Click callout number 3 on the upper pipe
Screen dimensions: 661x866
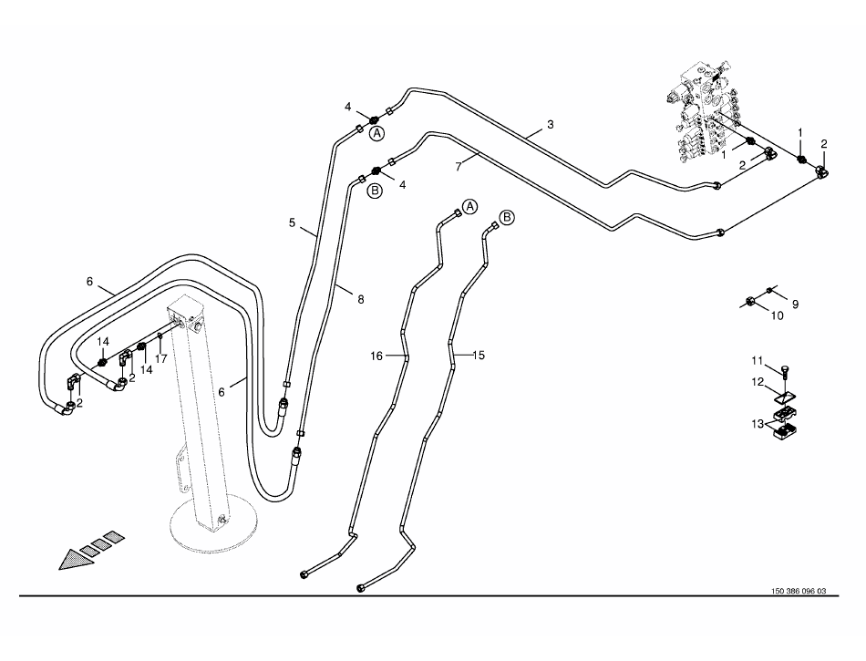point(550,124)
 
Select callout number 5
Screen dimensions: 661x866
point(292,222)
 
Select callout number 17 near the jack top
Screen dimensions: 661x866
point(161,358)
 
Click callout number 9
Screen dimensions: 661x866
point(795,304)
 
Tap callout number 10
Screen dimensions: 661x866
point(778,316)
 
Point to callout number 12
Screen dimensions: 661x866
point(757,382)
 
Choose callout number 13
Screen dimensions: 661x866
point(757,424)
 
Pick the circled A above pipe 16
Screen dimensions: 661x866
point(470,206)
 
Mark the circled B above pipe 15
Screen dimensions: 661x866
point(508,217)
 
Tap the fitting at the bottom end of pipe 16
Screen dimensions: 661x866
point(304,574)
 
